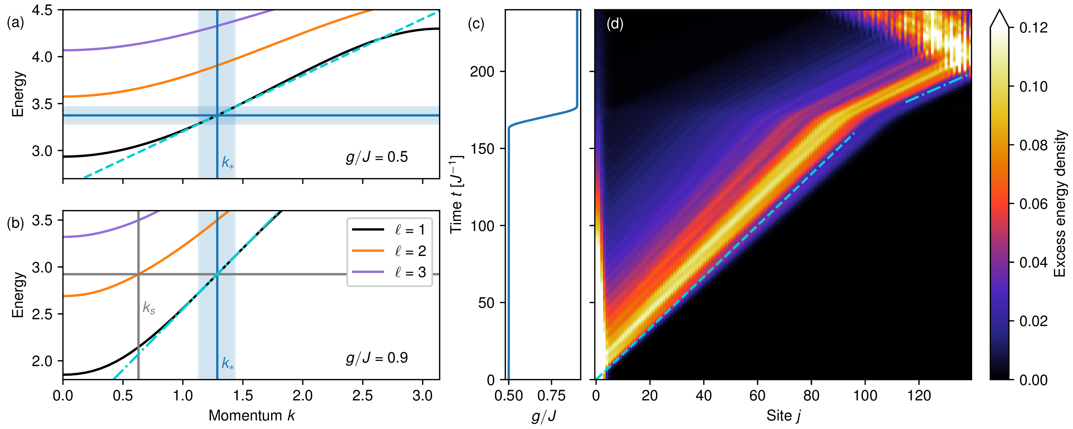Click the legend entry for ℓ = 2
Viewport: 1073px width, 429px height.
389,251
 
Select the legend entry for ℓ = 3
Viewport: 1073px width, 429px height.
389,272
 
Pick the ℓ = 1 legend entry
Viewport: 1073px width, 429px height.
389,230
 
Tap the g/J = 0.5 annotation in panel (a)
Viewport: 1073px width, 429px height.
377,157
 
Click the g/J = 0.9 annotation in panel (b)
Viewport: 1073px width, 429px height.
377,358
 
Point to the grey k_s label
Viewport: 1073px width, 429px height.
149,308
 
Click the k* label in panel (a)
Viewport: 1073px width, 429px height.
228,162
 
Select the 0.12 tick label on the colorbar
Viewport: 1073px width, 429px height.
1033,28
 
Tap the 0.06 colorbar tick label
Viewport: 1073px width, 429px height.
1033,204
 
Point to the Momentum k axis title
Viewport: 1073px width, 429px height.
251,415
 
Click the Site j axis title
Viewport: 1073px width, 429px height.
784,416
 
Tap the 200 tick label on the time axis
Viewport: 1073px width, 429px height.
482,71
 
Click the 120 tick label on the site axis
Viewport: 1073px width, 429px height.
919,395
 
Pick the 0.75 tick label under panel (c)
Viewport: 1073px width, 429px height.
552,395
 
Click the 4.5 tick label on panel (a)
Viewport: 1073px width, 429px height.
42,10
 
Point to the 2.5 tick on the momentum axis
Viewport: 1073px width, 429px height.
362,395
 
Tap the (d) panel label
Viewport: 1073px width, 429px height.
615,24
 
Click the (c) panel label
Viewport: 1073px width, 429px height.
476,24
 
